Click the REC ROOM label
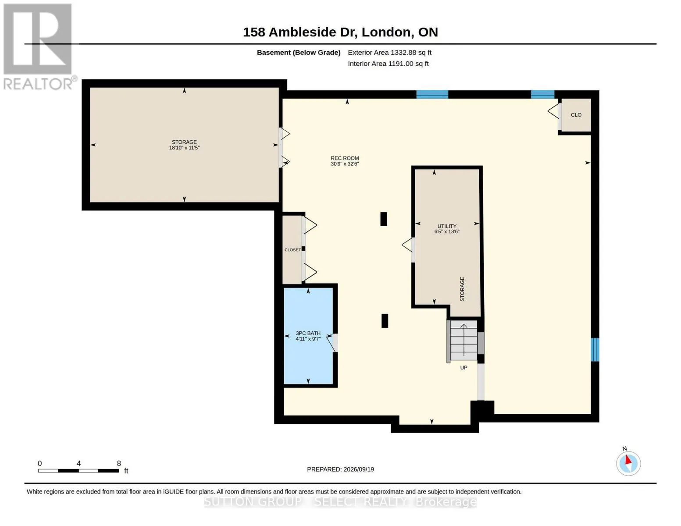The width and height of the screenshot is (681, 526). pos(344,158)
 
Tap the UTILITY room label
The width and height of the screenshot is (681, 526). pos(446,226)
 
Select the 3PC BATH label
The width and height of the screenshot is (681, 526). pos(308,333)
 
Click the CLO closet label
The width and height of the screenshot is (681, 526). pos(576,115)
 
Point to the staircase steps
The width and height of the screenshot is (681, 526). pos(464,341)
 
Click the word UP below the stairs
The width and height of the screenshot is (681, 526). pos(464,368)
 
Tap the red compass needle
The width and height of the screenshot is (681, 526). pos(628,460)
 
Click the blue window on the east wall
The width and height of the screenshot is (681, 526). pos(595,350)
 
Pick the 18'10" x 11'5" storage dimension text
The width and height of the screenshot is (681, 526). pos(184,148)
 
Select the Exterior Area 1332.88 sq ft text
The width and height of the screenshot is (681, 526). pos(389,53)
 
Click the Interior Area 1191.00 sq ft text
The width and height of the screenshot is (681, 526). pos(388,64)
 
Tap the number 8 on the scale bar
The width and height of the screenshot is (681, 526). pos(119,463)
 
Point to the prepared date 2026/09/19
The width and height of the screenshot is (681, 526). pos(359,469)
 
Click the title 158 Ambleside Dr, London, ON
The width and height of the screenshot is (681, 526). pos(340,32)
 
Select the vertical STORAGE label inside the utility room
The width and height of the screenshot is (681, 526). pos(462,289)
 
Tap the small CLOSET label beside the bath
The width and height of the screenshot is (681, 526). pos(292,250)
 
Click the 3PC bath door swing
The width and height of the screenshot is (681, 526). pos(332,343)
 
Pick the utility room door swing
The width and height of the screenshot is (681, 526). pos(408,245)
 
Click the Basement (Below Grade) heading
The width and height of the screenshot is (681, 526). pos(299,53)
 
